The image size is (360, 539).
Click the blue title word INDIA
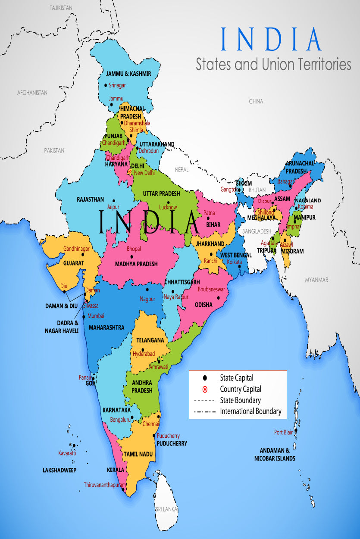[x=271, y=39]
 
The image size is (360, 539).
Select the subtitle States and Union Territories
[x=273, y=64]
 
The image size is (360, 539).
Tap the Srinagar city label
[x=117, y=85]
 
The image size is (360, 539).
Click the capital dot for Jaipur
[x=114, y=200]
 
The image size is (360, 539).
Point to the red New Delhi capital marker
[x=129, y=172]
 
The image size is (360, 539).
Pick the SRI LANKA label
[x=166, y=509]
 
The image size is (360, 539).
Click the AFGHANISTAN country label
[x=32, y=93]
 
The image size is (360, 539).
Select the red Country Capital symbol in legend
[x=205, y=389]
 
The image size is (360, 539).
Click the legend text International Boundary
[x=250, y=411]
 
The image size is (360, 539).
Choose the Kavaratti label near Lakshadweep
[x=67, y=453]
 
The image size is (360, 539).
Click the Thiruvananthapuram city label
[x=105, y=484]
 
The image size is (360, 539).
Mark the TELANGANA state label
[x=150, y=340]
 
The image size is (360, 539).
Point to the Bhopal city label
[x=134, y=249]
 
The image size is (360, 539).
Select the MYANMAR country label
[x=316, y=280]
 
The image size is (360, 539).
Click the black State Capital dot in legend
[x=205, y=378]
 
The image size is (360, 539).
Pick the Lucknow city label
[x=168, y=207]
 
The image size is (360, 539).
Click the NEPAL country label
[x=182, y=170]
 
